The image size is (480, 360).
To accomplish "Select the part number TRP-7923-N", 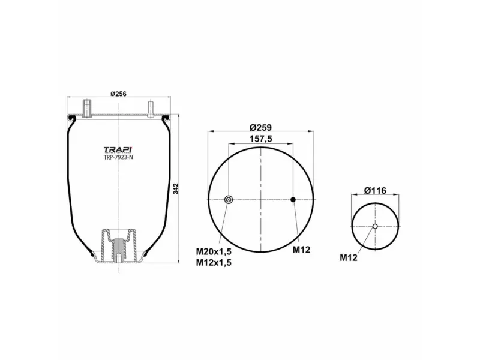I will (119, 158).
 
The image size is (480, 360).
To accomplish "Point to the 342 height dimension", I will (176, 188).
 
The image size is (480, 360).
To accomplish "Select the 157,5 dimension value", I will (260, 138).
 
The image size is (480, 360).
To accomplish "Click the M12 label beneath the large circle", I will (301, 250).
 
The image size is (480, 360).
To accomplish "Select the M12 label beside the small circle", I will (349, 258).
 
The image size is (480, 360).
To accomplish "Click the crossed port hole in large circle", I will (228, 200).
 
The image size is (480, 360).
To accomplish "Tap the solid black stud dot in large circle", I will (293, 200).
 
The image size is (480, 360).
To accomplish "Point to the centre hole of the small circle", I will (375, 226).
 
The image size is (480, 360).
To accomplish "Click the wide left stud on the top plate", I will (88, 109).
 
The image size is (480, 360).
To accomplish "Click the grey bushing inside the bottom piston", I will (119, 247).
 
